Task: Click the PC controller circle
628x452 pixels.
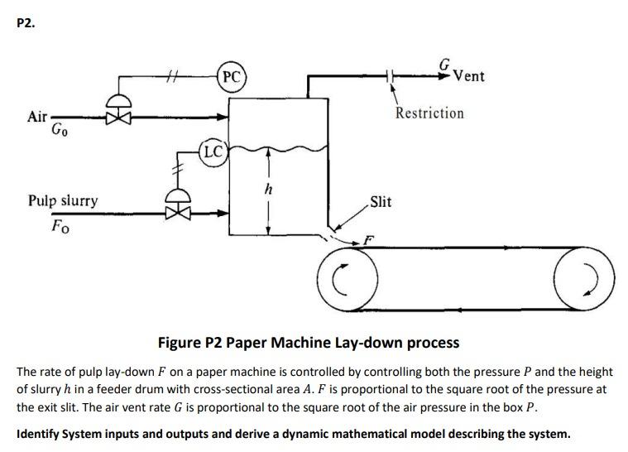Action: click(233, 77)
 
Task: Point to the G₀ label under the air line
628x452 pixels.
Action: click(60, 130)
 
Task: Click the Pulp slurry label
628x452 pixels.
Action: click(62, 200)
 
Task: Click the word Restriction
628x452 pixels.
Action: click(429, 113)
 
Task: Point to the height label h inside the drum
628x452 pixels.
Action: click(267, 190)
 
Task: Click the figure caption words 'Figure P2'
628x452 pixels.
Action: click(192, 342)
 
